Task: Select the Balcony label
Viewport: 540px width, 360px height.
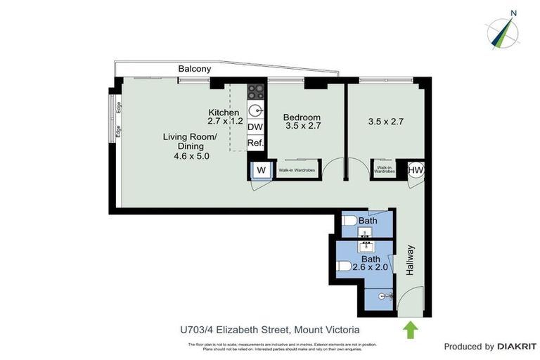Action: pos(194,69)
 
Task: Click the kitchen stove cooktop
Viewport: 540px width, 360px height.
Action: pos(255,91)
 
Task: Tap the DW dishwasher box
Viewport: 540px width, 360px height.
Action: pos(255,127)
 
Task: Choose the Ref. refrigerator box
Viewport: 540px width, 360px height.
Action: pos(255,143)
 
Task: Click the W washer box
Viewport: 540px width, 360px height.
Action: pos(259,169)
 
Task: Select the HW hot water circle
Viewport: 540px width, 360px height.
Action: pos(416,169)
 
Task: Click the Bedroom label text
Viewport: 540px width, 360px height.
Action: pos(302,117)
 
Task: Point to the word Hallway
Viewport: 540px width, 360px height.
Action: pos(411,259)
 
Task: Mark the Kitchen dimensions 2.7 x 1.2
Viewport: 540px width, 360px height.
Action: pos(226,121)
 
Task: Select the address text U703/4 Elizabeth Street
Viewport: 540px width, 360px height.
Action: pos(234,329)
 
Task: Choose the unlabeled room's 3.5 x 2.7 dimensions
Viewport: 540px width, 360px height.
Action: pos(386,122)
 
